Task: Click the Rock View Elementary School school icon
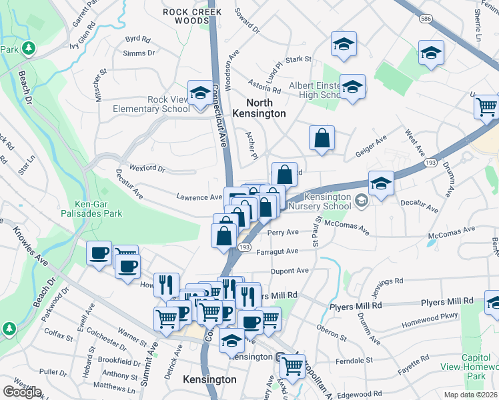click(x=199, y=94)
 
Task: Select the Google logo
click(x=22, y=392)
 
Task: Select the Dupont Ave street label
click(x=290, y=271)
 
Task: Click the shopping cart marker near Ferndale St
click(x=292, y=366)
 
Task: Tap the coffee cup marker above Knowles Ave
click(x=99, y=253)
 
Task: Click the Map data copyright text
click(x=469, y=395)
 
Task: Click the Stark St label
click(x=298, y=60)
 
